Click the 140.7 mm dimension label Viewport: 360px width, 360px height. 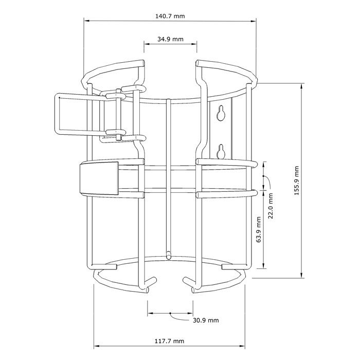click(170, 16)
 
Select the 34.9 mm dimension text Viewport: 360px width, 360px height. click(170, 39)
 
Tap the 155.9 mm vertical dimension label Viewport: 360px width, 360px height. click(297, 181)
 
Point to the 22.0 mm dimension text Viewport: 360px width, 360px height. click(271, 206)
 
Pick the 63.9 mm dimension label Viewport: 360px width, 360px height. click(259, 229)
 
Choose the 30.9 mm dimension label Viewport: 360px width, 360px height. click(206, 320)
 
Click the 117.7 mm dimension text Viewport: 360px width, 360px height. click(169, 341)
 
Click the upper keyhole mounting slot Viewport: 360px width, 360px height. click(221, 113)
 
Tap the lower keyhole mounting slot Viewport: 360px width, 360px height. click(221, 151)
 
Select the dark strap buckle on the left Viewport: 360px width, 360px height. click(99, 178)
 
